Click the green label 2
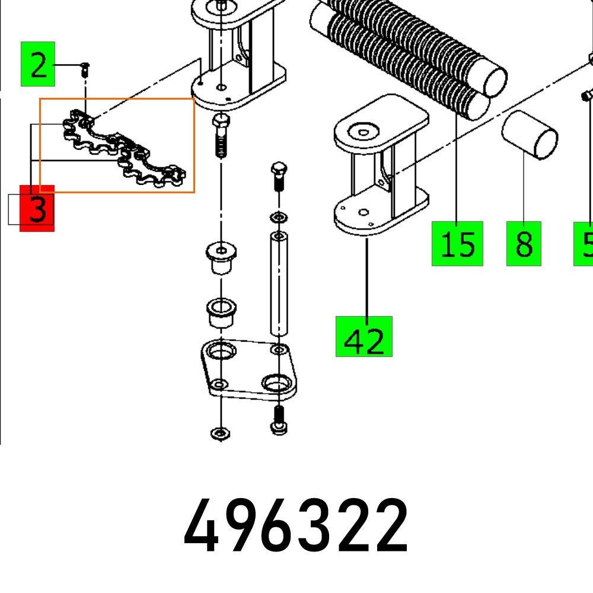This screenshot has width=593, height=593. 38,64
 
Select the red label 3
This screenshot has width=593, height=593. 37,208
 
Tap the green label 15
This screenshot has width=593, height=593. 457,244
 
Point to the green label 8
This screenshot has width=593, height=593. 524,244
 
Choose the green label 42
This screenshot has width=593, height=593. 364,337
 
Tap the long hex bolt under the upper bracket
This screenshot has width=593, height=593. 220,136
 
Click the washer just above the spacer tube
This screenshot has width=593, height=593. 278,216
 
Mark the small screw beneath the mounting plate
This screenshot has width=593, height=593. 279,418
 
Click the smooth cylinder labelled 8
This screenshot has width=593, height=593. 530,135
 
